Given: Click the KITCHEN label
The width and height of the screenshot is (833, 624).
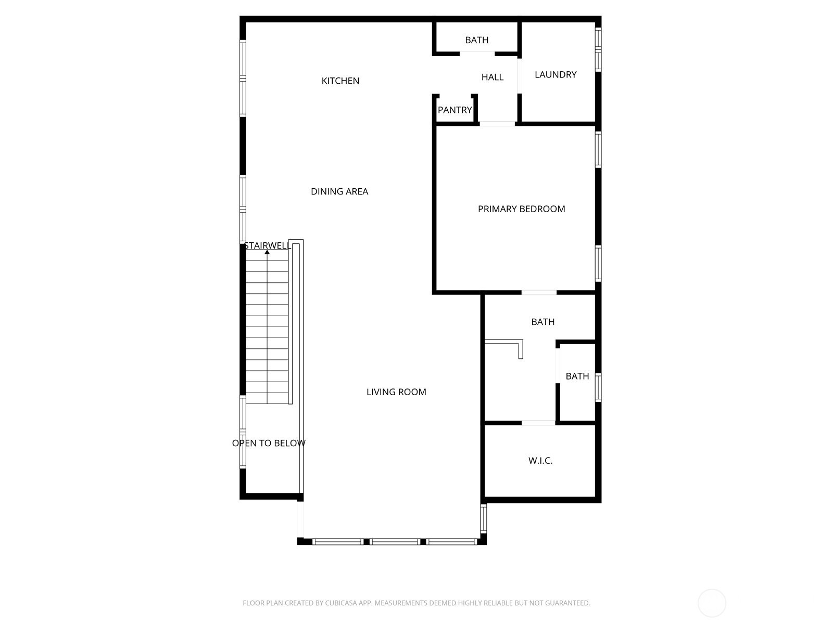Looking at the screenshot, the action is [x=340, y=81].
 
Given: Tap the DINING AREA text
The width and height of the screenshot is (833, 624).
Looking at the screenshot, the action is [x=339, y=191].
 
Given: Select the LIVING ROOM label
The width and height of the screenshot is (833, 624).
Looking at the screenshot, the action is [x=396, y=392].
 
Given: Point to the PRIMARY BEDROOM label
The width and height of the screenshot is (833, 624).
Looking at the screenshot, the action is [x=521, y=209].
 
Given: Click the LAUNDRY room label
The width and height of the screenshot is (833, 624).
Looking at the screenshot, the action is [x=556, y=75].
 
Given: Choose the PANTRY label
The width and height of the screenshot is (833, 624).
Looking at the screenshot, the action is [x=455, y=110].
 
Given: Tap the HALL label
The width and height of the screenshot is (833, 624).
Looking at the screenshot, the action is [x=492, y=77].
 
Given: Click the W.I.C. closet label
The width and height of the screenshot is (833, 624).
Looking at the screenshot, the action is [x=540, y=460].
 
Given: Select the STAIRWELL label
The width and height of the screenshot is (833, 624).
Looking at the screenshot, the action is [x=268, y=245].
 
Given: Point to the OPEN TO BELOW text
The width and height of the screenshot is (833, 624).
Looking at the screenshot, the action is [x=269, y=443].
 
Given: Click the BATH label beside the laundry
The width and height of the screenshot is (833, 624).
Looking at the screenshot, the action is [x=477, y=40].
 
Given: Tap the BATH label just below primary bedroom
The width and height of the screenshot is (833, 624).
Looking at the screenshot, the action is [x=542, y=322].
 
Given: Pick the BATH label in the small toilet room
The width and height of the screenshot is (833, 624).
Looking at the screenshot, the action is [x=577, y=376].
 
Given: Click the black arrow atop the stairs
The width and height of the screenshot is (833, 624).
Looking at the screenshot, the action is [x=267, y=252].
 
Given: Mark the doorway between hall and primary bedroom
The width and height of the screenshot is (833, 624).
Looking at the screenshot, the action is [x=497, y=124].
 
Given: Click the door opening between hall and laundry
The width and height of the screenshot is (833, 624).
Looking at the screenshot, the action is [x=519, y=76].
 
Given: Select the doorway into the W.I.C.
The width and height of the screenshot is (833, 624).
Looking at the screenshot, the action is [x=538, y=422].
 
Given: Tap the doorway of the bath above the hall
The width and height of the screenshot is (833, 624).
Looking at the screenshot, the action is [x=477, y=54].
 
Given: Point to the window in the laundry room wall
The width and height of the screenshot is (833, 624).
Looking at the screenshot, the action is [x=598, y=49].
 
